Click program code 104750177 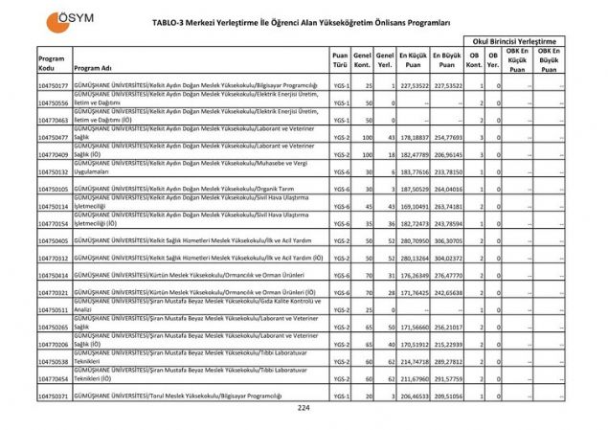pos(54,86)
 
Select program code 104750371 pos(54,396)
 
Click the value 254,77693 pos(446,138)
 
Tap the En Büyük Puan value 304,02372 pos(446,258)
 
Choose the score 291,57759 pos(446,378)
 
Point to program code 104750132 pos(54,171)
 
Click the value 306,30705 pos(446,240)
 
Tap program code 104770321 pos(54,292)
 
